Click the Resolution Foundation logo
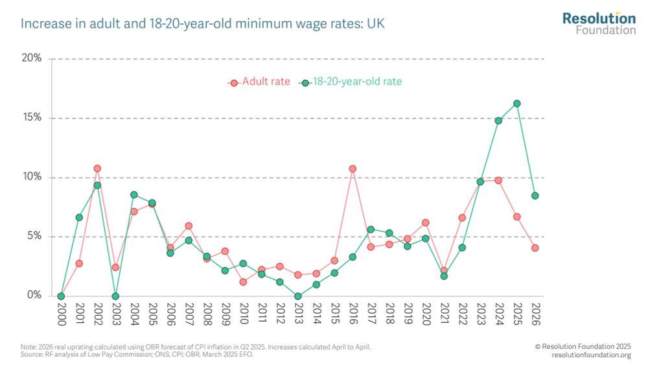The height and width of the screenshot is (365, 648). [x=599, y=23]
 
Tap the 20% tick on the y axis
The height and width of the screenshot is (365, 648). [x=31, y=58]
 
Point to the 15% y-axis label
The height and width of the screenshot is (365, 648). [x=31, y=118]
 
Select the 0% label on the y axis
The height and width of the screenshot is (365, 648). [x=33, y=296]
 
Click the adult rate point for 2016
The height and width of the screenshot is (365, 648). [x=353, y=169]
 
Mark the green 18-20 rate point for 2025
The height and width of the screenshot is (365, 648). [x=516, y=104]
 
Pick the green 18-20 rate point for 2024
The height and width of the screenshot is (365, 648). [x=498, y=121]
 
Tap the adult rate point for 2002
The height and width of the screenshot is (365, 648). [x=97, y=169]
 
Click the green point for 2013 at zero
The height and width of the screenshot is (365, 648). [x=297, y=296]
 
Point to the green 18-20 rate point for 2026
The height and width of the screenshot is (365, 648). [x=535, y=195]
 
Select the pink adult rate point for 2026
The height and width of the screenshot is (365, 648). [x=535, y=248]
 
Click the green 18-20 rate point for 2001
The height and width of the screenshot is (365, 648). [x=79, y=217]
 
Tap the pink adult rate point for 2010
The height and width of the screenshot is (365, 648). [x=243, y=282]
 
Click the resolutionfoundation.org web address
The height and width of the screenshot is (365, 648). [x=591, y=355]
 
